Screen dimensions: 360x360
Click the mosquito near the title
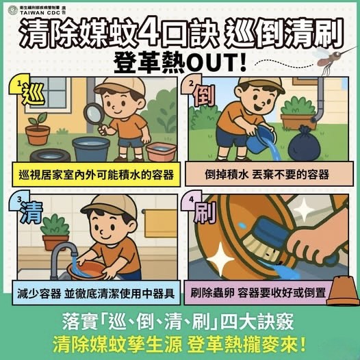click(x=331, y=60)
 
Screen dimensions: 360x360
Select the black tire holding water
click(x=50, y=155)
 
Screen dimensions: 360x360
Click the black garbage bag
click(x=304, y=144)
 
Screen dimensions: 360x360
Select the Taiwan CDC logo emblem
click(x=13, y=10)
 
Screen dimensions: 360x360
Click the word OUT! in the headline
click(x=216, y=62)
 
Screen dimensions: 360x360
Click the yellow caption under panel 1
click(x=97, y=175)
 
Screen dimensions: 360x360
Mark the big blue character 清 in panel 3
click(x=31, y=212)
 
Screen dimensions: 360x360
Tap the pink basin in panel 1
click(x=162, y=151)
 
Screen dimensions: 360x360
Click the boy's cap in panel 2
click(x=261, y=83)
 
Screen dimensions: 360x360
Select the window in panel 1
click(x=48, y=94)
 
